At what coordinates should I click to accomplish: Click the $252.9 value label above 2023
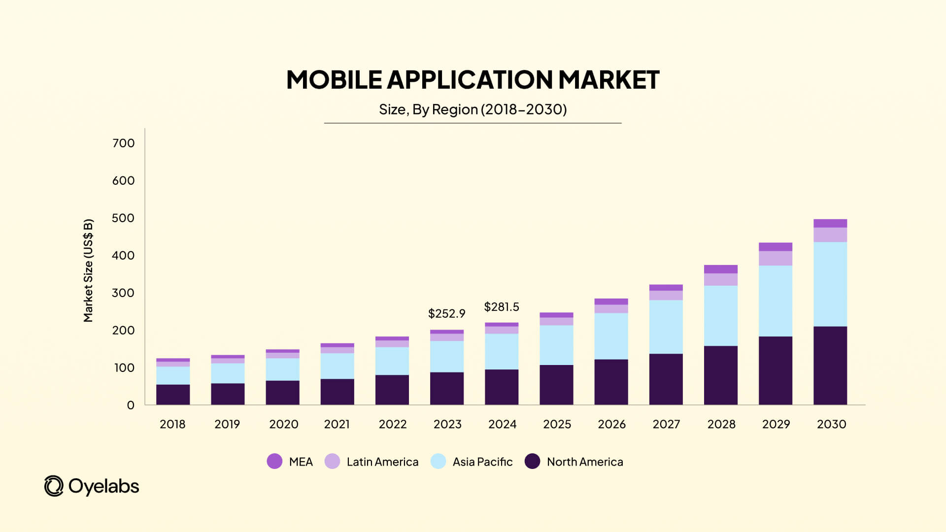[446, 313]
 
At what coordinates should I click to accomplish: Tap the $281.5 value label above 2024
[501, 307]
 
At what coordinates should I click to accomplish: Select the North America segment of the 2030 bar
[830, 366]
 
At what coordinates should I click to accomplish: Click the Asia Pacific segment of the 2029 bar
[775, 301]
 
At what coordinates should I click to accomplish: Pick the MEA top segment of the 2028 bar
[720, 269]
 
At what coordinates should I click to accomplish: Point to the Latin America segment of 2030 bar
[830, 234]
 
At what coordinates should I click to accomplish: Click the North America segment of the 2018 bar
[173, 395]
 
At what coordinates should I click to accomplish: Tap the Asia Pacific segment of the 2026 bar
[611, 336]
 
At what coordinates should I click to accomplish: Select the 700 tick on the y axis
[123, 143]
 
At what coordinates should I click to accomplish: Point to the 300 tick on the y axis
[123, 293]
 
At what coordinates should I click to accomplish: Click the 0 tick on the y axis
[131, 405]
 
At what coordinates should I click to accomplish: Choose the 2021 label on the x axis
[337, 424]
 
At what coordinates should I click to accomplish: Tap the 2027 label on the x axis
[666, 424]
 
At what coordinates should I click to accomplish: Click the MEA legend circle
[274, 462]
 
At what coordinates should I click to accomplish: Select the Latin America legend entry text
[382, 462]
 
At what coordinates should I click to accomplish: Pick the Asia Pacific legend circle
[438, 462]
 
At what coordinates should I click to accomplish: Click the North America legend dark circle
[532, 462]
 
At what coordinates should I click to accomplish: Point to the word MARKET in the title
[608, 80]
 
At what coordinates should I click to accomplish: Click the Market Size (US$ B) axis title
[88, 270]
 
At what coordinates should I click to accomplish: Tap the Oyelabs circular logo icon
[54, 486]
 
